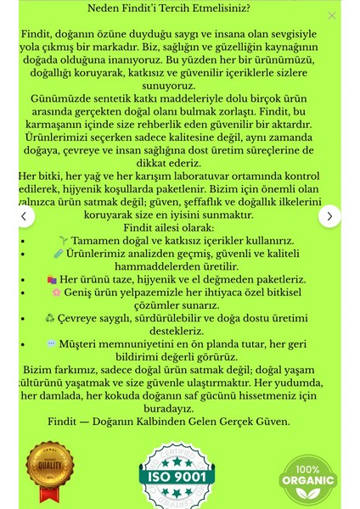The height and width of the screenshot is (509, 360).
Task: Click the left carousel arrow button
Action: click(x=25, y=216)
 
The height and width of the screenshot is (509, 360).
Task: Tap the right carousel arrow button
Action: click(x=329, y=216)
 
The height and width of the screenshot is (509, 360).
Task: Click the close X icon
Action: click(x=332, y=15)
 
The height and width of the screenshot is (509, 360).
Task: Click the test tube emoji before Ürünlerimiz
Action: click(x=59, y=254)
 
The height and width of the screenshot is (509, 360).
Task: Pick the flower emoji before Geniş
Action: click(x=57, y=292)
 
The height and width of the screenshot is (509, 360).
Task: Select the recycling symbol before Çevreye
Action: click(x=49, y=318)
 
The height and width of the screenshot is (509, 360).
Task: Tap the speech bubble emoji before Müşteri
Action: click(x=52, y=344)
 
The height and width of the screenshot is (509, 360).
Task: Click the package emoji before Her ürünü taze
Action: click(x=52, y=279)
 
